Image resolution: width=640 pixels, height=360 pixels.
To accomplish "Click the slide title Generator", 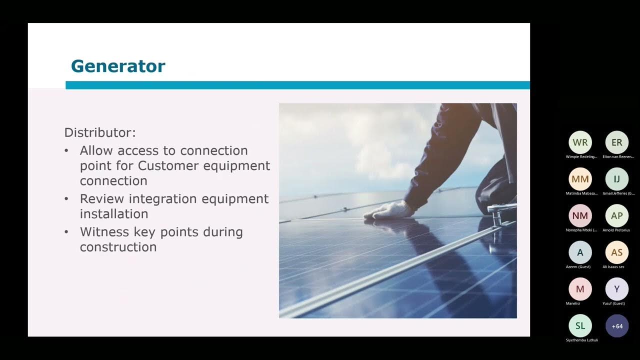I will pos(118,66).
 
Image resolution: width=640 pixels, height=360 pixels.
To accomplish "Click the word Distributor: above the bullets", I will pos(100,133).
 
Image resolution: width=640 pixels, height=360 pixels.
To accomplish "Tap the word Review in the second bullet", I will pos(102,198).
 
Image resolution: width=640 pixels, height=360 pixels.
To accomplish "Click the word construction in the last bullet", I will pos(118,247).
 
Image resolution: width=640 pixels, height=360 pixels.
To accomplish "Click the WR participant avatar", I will pos(580,142).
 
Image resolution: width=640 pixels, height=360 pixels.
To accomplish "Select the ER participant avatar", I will pos(617,142).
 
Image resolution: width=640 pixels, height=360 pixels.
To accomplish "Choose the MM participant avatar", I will pos(580,179).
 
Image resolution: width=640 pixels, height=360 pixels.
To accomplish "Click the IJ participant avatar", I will pos(617,179).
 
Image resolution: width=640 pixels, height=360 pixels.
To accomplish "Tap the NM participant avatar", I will pos(580,216).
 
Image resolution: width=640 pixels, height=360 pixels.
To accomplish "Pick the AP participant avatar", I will pos(617,216).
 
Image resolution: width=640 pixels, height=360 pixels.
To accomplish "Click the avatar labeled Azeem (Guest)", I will pos(580,252).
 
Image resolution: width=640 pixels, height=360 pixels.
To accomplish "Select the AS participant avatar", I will pos(617,252).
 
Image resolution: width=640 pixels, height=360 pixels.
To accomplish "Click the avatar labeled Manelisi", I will pos(580,289).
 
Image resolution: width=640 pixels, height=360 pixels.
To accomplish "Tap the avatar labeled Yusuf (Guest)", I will pos(617,289).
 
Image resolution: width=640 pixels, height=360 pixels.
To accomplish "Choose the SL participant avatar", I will pos(580,326).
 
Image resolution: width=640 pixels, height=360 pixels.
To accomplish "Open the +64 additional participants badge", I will pos(617,326).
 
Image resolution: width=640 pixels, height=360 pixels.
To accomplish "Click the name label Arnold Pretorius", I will pos(616,230).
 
